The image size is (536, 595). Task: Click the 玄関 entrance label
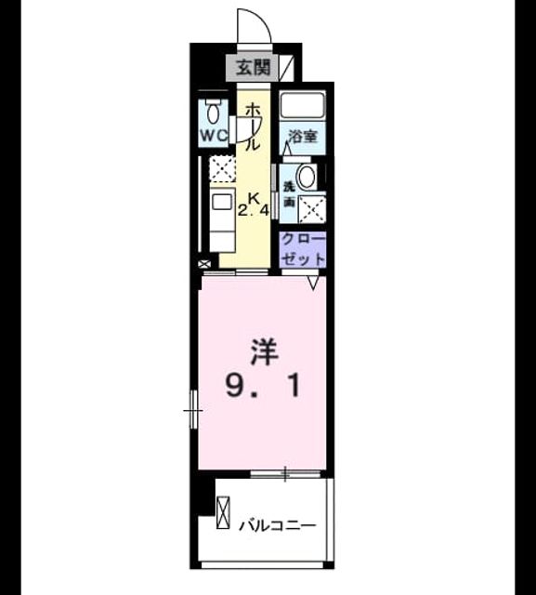pos(254,68)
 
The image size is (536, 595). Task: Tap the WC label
pos(214,136)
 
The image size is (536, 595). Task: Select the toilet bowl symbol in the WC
pos(214,112)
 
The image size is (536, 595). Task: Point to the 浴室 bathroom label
pos(302,137)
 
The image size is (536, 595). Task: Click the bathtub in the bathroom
pos(303,105)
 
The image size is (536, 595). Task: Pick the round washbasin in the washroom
pos(307,177)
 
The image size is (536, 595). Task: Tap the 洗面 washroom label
pos(289,194)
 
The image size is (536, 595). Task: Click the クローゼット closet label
pos(304,249)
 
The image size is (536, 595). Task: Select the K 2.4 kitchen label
pos(254,205)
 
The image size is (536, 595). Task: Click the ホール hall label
pos(253,127)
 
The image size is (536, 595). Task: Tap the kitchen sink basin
pos(221,202)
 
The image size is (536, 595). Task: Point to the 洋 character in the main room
pos(264,352)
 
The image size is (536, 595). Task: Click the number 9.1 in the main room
pos(263,385)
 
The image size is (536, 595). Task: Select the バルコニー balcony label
pos(277,525)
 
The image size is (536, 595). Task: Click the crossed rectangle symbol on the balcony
pos(223,512)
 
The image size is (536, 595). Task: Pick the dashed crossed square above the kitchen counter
pos(223,169)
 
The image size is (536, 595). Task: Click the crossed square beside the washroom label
pos(311,208)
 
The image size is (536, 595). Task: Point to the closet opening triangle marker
pos(313,283)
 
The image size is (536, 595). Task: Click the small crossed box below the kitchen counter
pos(204,264)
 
